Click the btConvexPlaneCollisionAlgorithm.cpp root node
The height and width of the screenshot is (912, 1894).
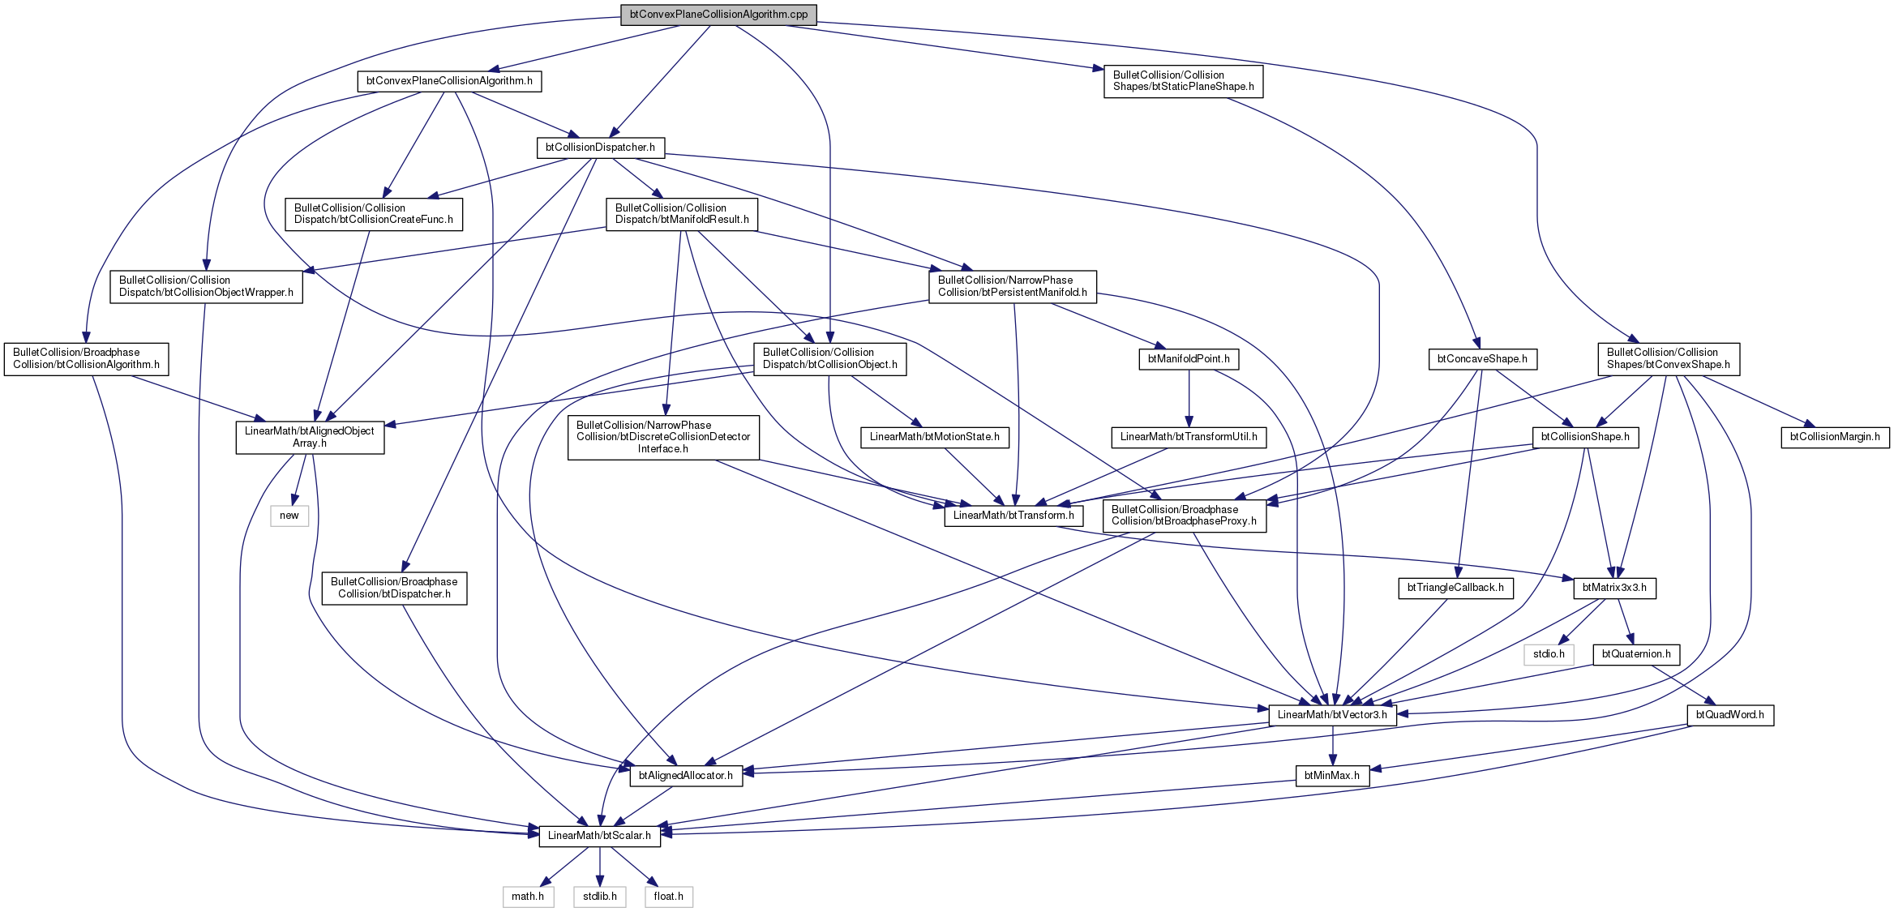tap(718, 15)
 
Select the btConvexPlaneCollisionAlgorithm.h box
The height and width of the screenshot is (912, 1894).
tap(449, 81)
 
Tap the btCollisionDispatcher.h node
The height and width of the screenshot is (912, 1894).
tap(600, 148)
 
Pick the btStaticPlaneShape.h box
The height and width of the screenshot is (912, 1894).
tap(1183, 81)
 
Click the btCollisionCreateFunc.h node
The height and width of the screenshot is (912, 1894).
tap(374, 214)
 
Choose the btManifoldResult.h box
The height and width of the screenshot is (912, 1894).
tap(682, 214)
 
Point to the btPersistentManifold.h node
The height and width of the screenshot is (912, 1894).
tap(1013, 286)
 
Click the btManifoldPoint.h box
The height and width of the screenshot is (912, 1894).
tap(1189, 359)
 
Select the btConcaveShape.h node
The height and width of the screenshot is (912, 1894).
tap(1482, 359)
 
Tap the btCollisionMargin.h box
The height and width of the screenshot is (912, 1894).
tap(1835, 437)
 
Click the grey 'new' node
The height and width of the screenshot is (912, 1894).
tap(289, 516)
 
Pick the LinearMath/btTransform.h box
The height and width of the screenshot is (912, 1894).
tap(1013, 516)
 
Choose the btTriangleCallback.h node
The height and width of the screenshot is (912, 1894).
tap(1455, 588)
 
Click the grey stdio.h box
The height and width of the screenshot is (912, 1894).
tap(1549, 654)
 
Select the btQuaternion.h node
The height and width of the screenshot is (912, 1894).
tap(1636, 654)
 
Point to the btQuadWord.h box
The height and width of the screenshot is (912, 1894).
tap(1730, 715)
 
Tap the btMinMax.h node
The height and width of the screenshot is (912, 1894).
tap(1332, 776)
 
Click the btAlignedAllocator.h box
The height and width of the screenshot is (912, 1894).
tap(686, 776)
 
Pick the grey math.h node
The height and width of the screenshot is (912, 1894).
tap(528, 897)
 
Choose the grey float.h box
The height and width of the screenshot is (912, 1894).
tap(669, 897)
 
